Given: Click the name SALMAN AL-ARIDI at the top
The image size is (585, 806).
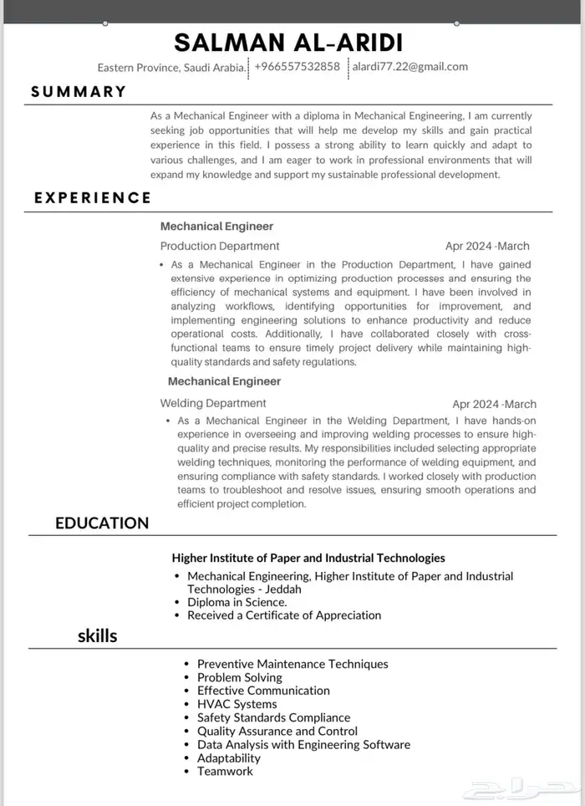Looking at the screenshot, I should click(288, 43).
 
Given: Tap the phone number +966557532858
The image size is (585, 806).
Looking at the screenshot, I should click(297, 67).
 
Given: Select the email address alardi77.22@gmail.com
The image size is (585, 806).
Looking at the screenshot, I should click(409, 67).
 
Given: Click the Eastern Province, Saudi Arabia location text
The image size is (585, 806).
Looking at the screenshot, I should click(171, 67).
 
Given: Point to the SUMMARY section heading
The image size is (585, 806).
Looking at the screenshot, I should click(79, 92).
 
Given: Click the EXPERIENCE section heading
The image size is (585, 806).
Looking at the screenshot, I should click(93, 198).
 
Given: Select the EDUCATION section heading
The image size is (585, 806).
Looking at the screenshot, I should click(102, 523).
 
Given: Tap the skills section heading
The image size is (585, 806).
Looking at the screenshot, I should click(97, 636).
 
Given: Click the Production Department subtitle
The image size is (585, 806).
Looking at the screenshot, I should click(220, 246).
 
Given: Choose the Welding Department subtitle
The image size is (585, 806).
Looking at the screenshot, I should click(213, 403).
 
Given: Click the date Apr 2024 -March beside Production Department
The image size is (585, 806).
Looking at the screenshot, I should click(487, 246).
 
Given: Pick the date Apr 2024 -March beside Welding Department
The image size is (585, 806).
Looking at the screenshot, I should click(494, 404).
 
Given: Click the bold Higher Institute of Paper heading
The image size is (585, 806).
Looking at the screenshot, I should click(308, 558).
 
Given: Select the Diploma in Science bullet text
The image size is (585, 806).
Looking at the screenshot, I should click(237, 602).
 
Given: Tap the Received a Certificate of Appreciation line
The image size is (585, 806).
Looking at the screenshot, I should click(284, 615).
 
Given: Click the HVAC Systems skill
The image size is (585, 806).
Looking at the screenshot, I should click(237, 704).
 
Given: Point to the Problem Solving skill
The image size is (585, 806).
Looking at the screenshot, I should click(240, 677).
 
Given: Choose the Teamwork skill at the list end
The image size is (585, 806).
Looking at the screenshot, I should click(225, 771).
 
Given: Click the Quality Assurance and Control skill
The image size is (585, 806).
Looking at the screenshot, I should click(277, 731).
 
